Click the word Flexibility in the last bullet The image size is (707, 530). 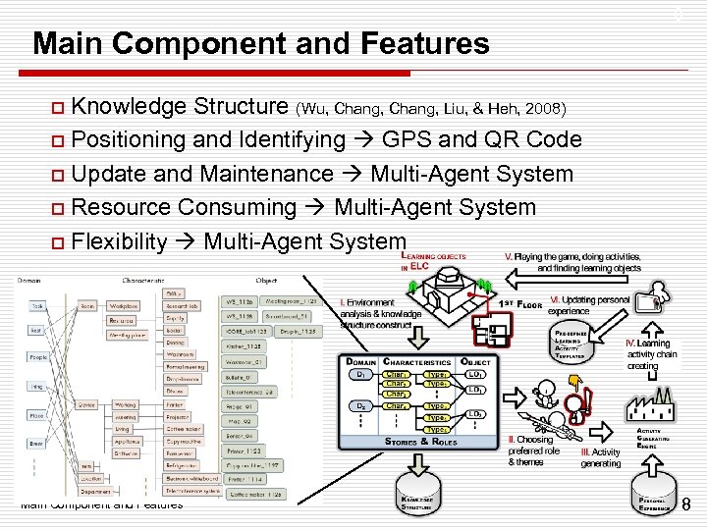click(x=120, y=240)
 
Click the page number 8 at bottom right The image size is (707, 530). click(x=685, y=504)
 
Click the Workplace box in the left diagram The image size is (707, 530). click(x=124, y=306)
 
